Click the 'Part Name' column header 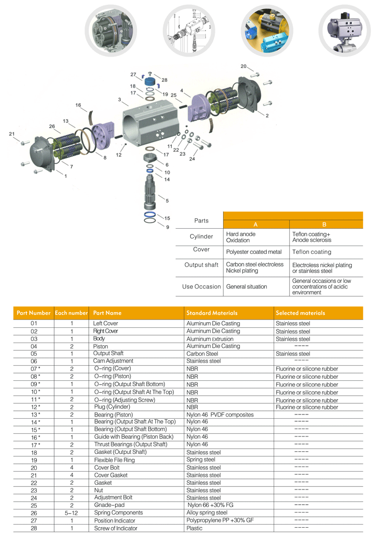coord(107,313)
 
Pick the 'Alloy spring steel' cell coord(207,513)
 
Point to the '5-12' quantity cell coord(71,513)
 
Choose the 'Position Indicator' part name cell coord(114,520)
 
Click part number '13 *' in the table coord(34,414)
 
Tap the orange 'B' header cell coord(325,224)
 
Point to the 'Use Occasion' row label coord(201,286)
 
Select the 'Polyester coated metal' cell coord(254,252)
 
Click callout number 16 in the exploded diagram coord(78,105)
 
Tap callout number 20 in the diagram coord(244,66)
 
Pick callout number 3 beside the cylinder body coord(120,99)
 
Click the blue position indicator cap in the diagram coord(151,82)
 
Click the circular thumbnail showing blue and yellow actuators coord(266,29)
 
